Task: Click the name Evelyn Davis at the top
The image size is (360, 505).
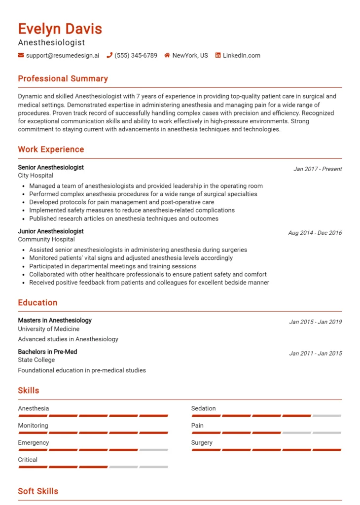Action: [60, 29]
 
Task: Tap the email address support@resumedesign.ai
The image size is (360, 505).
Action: [62, 56]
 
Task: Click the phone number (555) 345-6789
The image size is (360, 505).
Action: [136, 56]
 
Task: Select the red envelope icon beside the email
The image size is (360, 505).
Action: [21, 56]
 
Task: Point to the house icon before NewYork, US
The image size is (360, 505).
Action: [167, 56]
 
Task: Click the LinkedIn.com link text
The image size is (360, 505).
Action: [241, 56]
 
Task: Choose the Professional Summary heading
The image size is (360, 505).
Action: [63, 79]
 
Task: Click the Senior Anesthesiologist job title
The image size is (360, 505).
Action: [51, 167]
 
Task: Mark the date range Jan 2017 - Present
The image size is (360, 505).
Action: [317, 169]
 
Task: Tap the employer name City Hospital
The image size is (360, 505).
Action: [36, 176]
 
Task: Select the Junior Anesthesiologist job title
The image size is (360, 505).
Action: [51, 231]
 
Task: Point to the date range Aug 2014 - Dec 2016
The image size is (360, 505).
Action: [315, 233]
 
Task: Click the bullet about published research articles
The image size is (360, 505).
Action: [123, 218]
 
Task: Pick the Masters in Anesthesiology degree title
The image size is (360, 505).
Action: [55, 321]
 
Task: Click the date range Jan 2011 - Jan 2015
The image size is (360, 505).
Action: [315, 353]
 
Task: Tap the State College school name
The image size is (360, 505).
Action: [36, 360]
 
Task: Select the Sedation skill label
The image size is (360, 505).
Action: [204, 408]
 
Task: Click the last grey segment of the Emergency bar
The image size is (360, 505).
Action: [153, 450]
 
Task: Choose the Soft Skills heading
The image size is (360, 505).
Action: [38, 491]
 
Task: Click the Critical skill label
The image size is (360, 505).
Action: [28, 460]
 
